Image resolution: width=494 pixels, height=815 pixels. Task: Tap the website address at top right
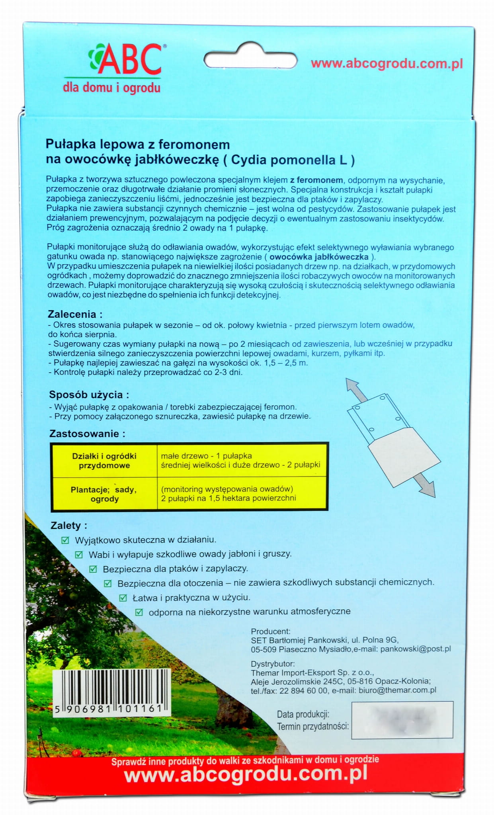[x=387, y=64]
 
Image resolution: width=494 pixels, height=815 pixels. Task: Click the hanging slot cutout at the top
[x=250, y=61]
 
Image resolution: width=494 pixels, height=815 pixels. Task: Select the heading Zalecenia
[x=75, y=314]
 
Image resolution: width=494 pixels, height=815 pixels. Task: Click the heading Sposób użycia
[x=89, y=395]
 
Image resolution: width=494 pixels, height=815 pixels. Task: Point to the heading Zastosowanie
[x=87, y=434]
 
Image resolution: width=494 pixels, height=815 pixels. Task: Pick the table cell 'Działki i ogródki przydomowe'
[x=104, y=461]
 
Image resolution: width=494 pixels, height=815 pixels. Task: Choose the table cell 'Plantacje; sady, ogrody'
[x=104, y=494]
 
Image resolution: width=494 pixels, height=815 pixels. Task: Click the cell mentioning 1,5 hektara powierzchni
[x=228, y=498]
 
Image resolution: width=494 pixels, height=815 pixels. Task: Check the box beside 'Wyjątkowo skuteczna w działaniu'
[x=65, y=540]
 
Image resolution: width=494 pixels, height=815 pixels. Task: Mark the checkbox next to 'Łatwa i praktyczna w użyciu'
[x=123, y=598]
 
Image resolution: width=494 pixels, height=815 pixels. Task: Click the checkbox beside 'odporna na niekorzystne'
[x=139, y=612]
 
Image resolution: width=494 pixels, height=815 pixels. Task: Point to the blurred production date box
[x=402, y=720]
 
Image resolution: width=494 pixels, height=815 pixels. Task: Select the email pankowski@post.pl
[x=415, y=649]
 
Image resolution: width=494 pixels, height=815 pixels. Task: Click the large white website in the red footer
[x=246, y=774]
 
